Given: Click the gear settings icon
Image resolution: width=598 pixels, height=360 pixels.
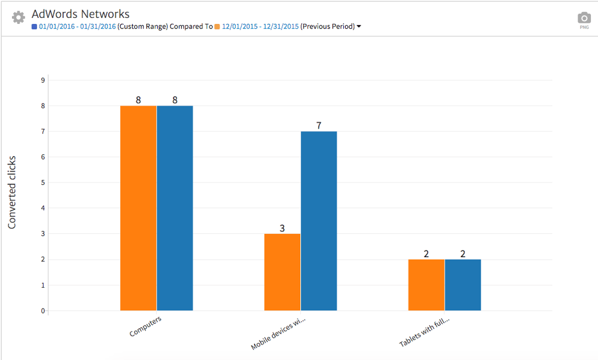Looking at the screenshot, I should coord(19,17).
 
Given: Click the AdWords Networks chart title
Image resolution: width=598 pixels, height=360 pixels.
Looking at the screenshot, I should coord(80,14).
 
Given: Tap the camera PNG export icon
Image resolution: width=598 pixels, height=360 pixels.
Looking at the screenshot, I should coord(584,19).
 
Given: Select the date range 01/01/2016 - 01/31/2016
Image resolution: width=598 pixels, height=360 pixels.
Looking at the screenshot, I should coord(78,26).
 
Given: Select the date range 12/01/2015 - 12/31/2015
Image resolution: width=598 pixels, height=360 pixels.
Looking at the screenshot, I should coord(260,26).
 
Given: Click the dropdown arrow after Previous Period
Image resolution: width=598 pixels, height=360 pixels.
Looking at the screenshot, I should coord(359,26).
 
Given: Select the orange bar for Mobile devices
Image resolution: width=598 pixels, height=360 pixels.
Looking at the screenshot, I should coord(282,272).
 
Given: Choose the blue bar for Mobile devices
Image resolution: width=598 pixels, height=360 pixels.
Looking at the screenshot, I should coord(319,221).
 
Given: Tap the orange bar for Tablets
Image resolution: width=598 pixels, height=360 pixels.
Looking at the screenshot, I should coord(426,285).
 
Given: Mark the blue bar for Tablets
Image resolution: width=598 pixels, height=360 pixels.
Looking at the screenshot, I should coord(463,285).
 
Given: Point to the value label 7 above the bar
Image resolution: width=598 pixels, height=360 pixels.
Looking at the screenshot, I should coord(319,126).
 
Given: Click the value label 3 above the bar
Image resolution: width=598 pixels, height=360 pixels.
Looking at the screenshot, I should coord(282,228).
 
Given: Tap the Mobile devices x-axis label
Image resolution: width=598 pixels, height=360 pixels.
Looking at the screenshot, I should coord(278,334).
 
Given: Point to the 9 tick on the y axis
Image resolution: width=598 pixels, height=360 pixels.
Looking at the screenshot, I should coord(43,80).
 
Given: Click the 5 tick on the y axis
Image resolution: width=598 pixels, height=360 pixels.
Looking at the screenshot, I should coord(43,182).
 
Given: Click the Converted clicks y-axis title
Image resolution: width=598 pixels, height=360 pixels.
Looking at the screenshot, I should coord(12,193).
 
